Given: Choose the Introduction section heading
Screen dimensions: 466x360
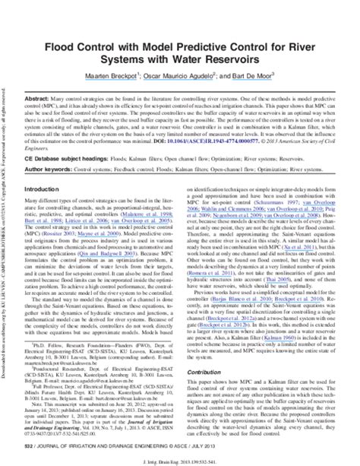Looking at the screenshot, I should [x=47, y=189].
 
